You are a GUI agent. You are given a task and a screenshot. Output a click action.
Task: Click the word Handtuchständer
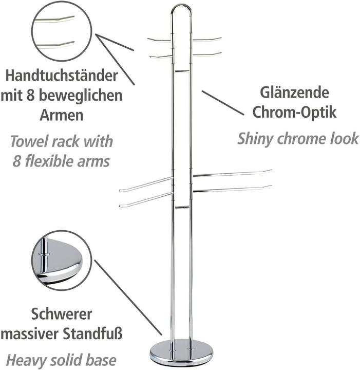tap(62, 76)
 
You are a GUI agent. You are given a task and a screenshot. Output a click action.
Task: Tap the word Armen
tap(62, 115)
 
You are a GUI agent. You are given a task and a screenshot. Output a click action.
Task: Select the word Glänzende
tap(294, 92)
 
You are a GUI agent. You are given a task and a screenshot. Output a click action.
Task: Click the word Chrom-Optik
tap(294, 112)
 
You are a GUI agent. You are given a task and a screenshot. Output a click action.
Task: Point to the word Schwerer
tap(62, 314)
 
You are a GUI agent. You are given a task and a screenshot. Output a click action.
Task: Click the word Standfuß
tap(92, 334)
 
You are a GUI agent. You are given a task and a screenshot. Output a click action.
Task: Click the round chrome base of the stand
tap(181, 352)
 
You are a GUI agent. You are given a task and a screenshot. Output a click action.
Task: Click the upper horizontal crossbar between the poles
tap(182, 71)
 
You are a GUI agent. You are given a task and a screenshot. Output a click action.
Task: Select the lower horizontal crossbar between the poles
tap(182, 207)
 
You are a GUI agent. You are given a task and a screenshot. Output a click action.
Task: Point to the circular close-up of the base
tap(62, 261)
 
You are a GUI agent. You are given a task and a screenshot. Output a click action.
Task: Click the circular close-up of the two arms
tap(62, 31)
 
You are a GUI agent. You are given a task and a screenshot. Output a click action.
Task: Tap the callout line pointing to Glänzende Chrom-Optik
tap(223, 103)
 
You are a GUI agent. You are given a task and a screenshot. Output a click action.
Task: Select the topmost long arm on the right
tap(232, 173)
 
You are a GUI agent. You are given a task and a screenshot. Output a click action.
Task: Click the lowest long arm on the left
tap(146, 200)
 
